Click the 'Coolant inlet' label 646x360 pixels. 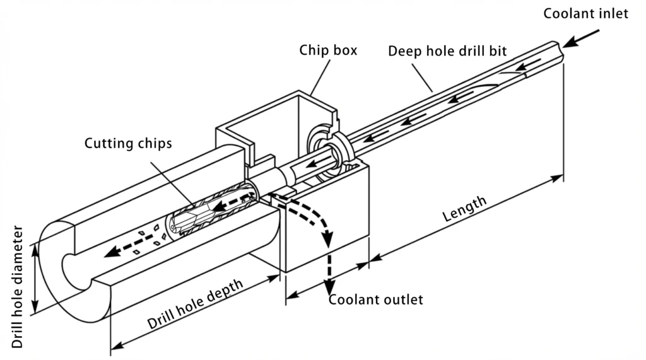[x=586, y=13]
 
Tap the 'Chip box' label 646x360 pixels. [x=328, y=50]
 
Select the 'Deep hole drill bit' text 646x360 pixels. [x=447, y=51]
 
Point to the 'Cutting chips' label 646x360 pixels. [x=128, y=143]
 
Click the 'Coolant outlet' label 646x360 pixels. [x=377, y=299]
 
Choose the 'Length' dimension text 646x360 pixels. [x=464, y=209]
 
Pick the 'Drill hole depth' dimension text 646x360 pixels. [x=195, y=305]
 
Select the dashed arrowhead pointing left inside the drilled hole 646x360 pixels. [x=112, y=252]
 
